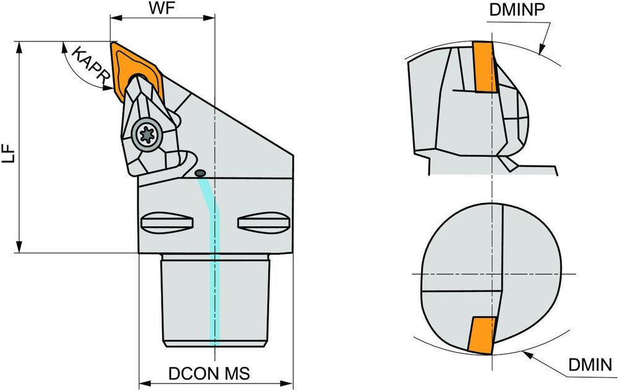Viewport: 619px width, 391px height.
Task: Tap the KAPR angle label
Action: click(x=90, y=64)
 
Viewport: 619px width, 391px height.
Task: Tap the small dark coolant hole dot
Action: click(x=200, y=173)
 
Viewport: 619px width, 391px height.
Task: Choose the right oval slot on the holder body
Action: click(x=263, y=222)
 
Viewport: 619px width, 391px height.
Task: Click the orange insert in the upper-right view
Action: click(x=485, y=67)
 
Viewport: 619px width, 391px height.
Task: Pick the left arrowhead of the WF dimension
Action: click(x=114, y=17)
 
